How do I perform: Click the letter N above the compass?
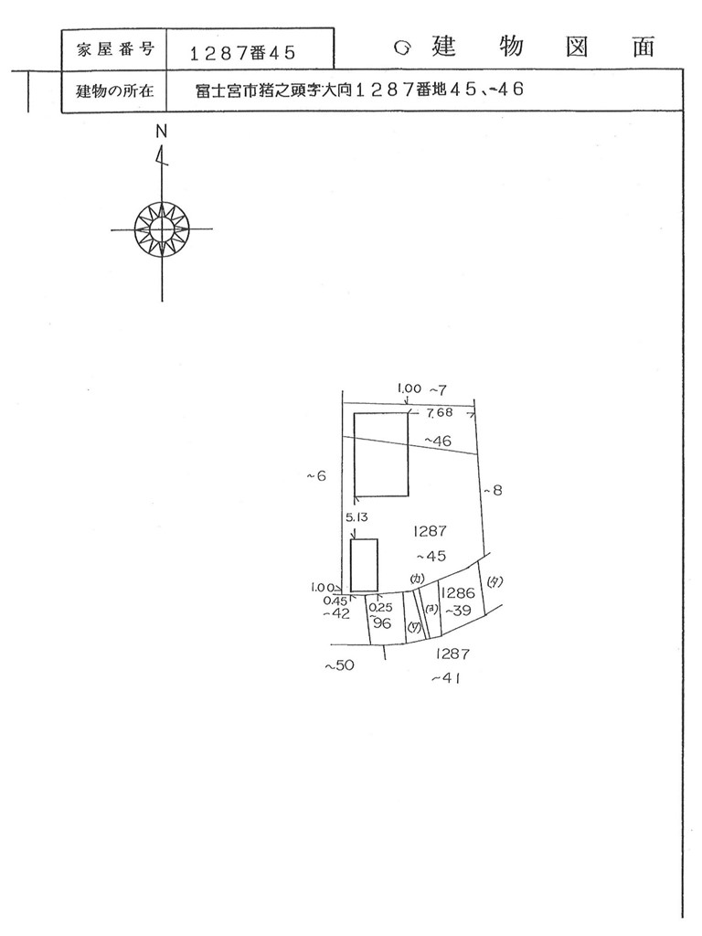[x=162, y=131]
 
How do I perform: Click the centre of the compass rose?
[x=162, y=228]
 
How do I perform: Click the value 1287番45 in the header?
[x=242, y=53]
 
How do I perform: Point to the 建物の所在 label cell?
[x=114, y=91]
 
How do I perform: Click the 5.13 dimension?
[x=356, y=517]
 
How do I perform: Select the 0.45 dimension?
[x=335, y=601]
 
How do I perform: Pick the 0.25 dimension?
[x=381, y=606]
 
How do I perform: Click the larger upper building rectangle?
[x=381, y=454]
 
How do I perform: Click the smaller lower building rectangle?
[x=365, y=565]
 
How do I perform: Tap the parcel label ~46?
[x=438, y=441]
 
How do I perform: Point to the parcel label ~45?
[x=431, y=555]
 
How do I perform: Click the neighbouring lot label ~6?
[x=316, y=475]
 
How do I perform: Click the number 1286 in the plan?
[x=457, y=592]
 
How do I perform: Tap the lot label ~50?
[x=339, y=666]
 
